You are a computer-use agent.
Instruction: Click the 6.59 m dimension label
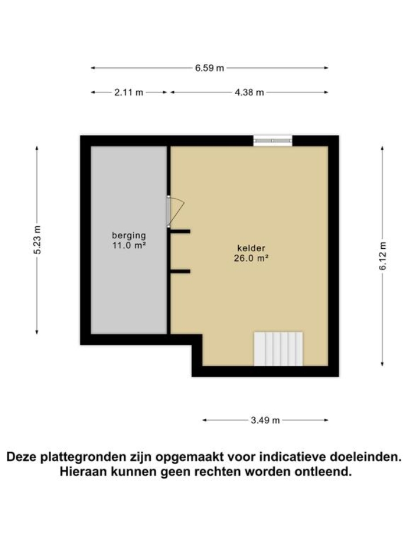point(210,68)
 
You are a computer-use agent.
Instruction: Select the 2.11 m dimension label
point(129,92)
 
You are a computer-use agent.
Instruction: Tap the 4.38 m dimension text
point(250,92)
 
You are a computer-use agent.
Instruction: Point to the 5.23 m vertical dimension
point(37,240)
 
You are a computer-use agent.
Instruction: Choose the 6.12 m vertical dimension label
point(382,256)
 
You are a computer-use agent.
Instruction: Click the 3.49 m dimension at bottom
point(265,420)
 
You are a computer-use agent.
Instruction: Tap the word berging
point(129,235)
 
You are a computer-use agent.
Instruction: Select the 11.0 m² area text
point(129,245)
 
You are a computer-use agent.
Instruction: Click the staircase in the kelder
point(278,349)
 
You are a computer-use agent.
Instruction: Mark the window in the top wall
point(272,141)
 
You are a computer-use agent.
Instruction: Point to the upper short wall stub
point(180,231)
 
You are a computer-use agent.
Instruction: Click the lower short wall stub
point(180,271)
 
